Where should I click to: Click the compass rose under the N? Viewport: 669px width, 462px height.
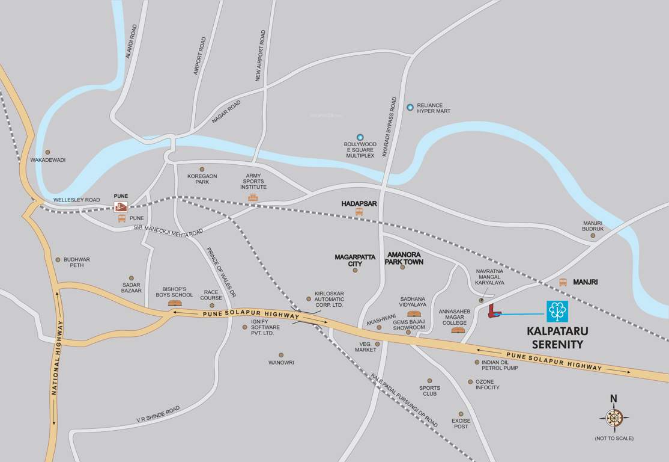[x=614, y=417]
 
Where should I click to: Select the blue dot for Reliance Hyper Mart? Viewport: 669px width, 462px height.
[x=410, y=107]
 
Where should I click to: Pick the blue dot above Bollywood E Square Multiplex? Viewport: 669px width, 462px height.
[x=360, y=137]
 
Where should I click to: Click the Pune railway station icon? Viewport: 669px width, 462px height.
[x=121, y=207]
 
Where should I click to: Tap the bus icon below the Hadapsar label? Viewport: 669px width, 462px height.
[x=359, y=212]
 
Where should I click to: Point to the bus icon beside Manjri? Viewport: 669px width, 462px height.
[x=563, y=282]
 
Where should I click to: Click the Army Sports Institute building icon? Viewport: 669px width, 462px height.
[x=253, y=197]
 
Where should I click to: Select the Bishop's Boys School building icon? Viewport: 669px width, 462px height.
[x=175, y=303]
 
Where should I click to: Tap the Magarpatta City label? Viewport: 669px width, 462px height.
[x=355, y=260]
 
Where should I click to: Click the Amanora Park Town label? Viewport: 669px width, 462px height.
[x=405, y=258]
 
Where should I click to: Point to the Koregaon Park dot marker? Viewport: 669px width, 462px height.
[x=202, y=169]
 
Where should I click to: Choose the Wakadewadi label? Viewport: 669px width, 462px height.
[x=47, y=160]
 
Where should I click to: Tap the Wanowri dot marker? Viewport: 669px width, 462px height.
[x=281, y=355]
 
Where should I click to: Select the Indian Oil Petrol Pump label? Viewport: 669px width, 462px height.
[x=500, y=365]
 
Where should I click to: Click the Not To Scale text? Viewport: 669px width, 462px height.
[x=614, y=438]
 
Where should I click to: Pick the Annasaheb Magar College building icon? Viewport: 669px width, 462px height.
[x=458, y=330]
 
